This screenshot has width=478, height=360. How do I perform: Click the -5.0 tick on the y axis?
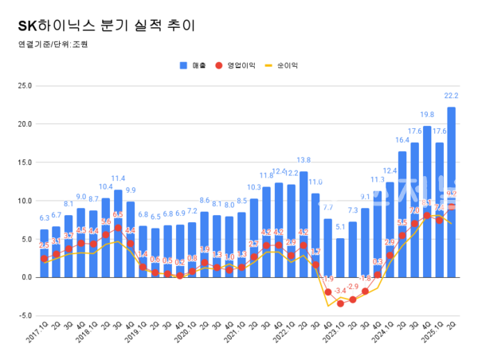click(24, 315)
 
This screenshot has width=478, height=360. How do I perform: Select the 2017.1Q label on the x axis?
click(37, 335)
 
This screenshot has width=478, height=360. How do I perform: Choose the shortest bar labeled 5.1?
click(341, 256)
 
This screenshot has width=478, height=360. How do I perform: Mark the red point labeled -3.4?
click(341, 303)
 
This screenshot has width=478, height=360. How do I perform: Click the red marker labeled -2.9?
click(353, 299)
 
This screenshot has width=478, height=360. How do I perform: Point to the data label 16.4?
click(402, 140)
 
